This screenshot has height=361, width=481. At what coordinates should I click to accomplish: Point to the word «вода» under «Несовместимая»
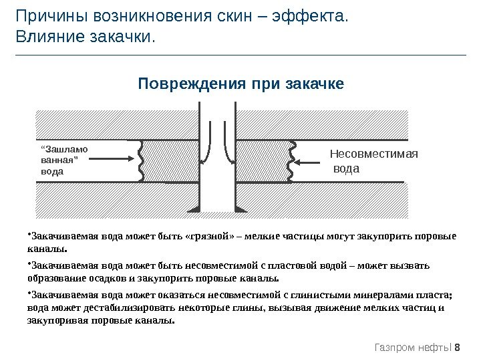[346, 168]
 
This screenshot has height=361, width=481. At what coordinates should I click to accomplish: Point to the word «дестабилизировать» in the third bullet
[126, 308]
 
